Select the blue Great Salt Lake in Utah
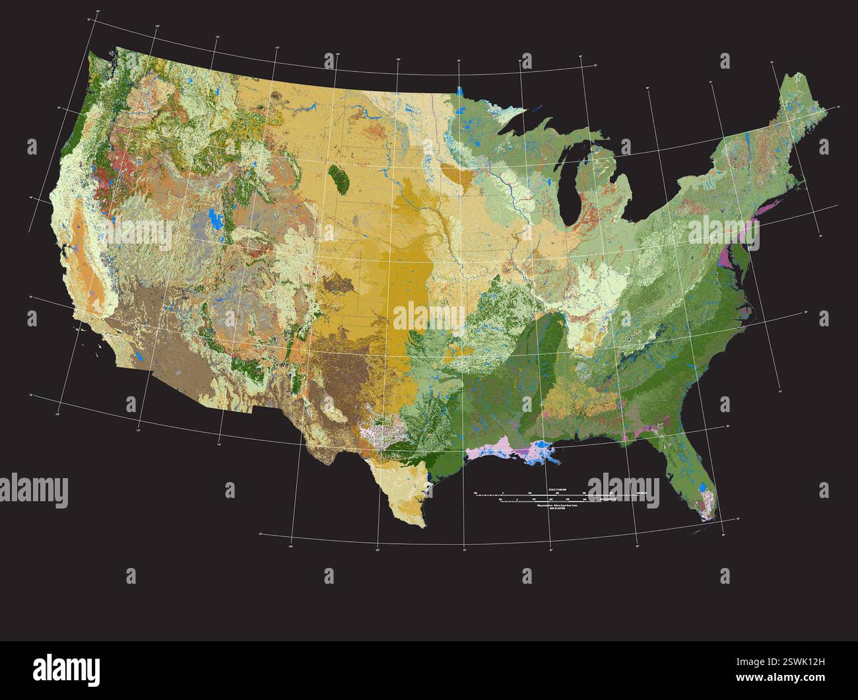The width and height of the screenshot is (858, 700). [213, 217]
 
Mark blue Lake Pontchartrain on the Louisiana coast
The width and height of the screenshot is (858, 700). [543, 451]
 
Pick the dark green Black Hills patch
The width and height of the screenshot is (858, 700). [339, 177]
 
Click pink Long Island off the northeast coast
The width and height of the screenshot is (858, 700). [768, 207]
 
